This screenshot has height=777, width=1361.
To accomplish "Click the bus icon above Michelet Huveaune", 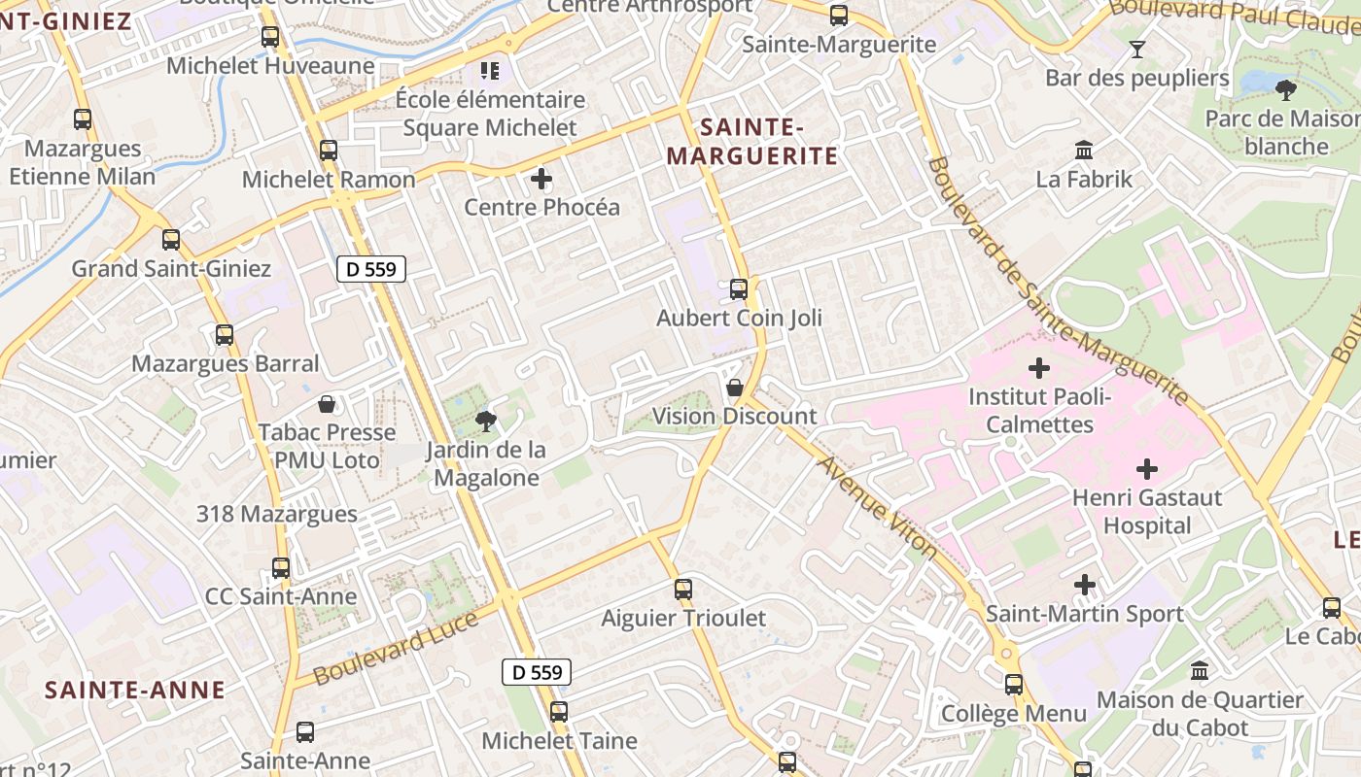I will point(270,38).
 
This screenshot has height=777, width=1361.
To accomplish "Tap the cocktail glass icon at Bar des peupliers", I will point(1137,50).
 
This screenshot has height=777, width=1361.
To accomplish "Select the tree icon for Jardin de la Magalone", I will point(485,422).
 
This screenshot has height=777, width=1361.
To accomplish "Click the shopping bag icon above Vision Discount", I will point(735,388).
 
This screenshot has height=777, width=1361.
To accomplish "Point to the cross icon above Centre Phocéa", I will point(541,179).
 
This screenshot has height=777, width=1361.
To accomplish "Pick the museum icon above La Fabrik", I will point(1084,151).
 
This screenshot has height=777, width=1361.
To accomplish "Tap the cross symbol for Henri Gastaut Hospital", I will point(1147,470).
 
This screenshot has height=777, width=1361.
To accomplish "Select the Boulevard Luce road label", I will point(396,647).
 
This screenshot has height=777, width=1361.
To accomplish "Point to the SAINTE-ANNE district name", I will point(135,691).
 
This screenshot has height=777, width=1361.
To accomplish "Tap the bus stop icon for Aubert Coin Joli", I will point(739,289).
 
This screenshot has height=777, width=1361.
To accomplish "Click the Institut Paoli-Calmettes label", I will point(1039,411).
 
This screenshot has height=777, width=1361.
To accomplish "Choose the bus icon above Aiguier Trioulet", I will point(683,590).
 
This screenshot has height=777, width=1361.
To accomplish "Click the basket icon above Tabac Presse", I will point(328,404).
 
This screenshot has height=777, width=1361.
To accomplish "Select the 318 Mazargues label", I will point(277,514).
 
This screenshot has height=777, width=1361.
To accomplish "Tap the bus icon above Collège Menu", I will point(1014,685).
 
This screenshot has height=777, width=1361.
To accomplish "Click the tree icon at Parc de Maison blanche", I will point(1286,90).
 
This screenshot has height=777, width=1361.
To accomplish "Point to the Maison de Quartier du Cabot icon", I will point(1200,671).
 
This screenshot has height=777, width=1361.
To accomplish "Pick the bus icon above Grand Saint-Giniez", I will point(171,240).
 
